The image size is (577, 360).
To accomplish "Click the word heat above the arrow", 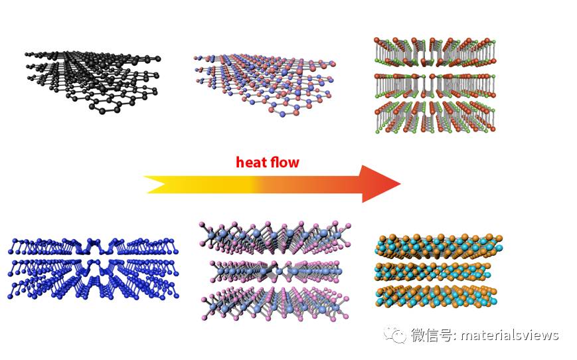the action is point(252,162).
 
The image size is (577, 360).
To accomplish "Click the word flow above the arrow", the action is point(284,162).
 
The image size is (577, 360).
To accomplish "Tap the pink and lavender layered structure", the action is point(273,270).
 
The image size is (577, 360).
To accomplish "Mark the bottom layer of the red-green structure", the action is point(435,116).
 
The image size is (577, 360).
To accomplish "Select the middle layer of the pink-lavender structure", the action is point(273,270).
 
